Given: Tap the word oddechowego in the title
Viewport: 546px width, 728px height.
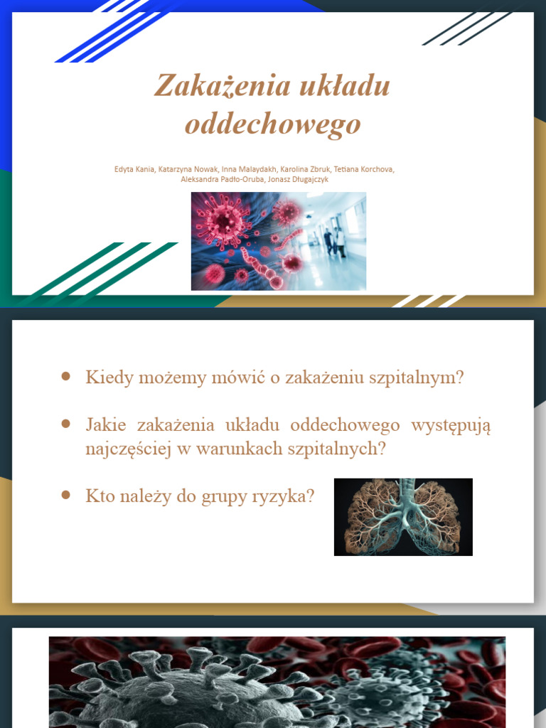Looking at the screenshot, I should coord(273,124).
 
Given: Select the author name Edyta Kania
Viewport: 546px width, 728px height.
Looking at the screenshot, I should coord(134,169).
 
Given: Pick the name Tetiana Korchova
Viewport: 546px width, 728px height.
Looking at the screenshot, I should coord(363,169).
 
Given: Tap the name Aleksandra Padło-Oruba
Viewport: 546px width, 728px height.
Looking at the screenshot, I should coord(223,179).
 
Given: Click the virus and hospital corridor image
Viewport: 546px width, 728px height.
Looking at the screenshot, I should coord(278,240).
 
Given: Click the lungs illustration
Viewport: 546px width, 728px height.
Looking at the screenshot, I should coord(403,517).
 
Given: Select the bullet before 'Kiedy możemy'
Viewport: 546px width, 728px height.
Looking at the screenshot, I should coord(66,377).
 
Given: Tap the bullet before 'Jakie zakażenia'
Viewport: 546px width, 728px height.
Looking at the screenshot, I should coord(66,424).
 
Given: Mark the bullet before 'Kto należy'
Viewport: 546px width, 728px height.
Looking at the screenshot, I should coord(66,495).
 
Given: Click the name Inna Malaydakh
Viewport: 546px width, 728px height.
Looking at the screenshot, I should coord(248,169).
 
